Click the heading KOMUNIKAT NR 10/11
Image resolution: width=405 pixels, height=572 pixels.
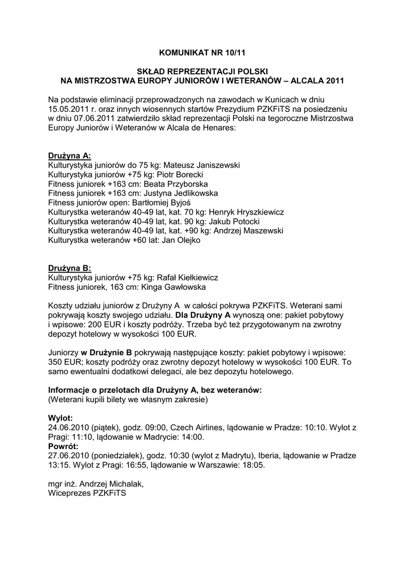[202, 54]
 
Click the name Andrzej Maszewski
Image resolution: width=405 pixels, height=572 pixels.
[247, 231]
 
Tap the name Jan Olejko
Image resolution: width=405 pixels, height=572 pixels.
[181, 240]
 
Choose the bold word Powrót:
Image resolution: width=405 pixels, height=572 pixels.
[63, 446]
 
